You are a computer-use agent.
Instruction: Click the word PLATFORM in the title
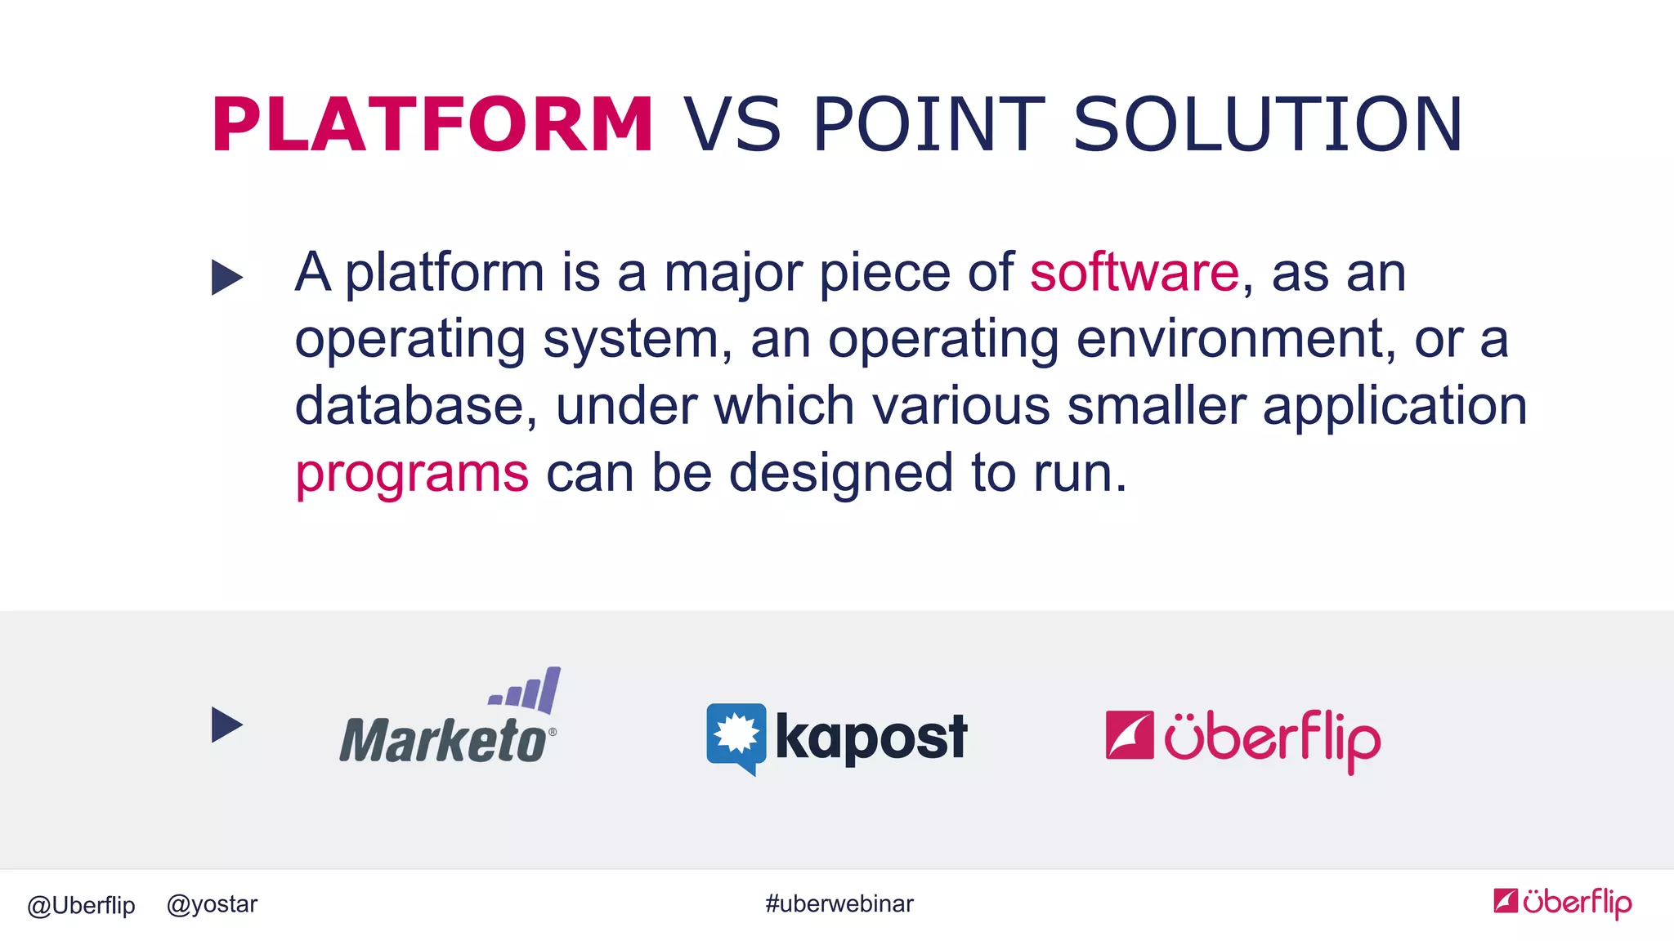click(432, 124)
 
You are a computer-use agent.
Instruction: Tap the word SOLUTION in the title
click(1267, 124)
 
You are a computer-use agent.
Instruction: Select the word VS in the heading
click(732, 124)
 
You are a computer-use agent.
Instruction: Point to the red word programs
click(412, 474)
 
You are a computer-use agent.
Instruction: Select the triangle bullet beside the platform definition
click(226, 277)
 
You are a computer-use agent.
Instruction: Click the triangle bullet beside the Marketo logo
click(226, 725)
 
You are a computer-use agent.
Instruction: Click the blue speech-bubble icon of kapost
click(736, 736)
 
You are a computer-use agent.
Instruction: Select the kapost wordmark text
click(871, 738)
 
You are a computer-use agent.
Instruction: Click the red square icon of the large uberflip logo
click(1129, 735)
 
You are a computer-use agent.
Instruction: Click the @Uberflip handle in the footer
click(81, 905)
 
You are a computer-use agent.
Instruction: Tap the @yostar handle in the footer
click(212, 904)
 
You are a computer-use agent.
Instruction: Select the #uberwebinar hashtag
click(839, 904)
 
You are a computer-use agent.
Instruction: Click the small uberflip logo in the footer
click(1562, 903)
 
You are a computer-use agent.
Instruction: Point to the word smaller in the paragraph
click(1156, 406)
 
